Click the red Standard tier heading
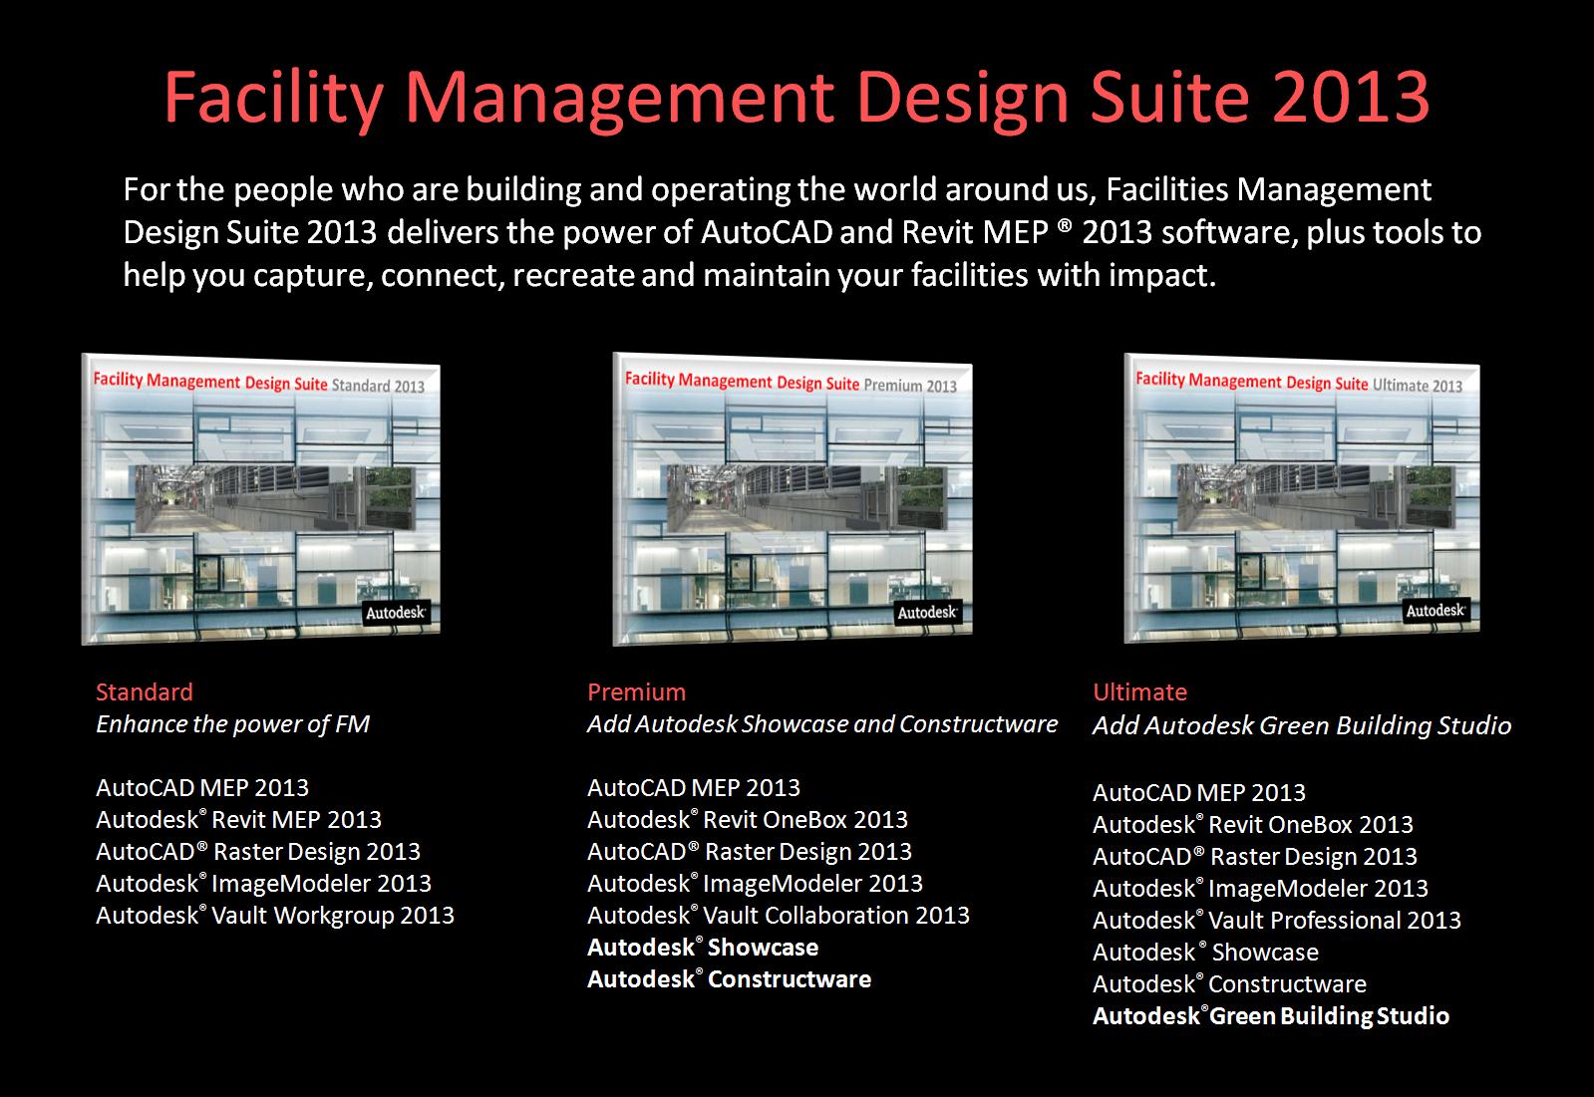(x=145, y=691)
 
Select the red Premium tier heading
(x=636, y=691)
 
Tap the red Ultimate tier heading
(x=1139, y=691)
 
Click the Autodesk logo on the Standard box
(x=396, y=613)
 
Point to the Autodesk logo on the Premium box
(x=927, y=612)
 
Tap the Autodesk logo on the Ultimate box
(x=1435, y=610)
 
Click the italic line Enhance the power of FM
(x=232, y=724)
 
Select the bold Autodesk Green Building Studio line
(x=1270, y=1016)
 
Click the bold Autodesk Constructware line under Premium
(x=729, y=979)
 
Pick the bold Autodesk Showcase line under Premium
(x=702, y=948)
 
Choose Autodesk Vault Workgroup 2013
(x=274, y=916)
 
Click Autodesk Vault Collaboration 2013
(x=778, y=916)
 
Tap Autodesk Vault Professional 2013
(x=1276, y=921)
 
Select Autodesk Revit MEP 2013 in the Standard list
(x=238, y=820)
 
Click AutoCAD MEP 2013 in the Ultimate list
(x=1198, y=793)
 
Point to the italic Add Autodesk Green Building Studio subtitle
(x=1301, y=725)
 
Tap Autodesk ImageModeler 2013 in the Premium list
(x=755, y=884)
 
